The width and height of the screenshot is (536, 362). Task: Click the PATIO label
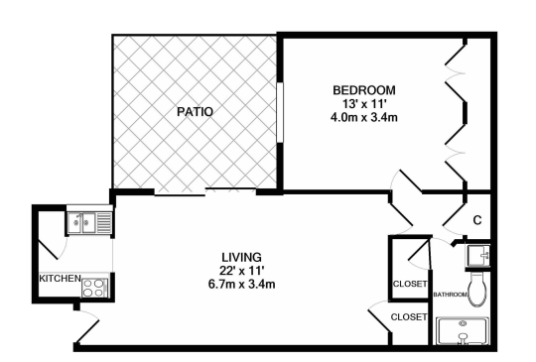[196, 112]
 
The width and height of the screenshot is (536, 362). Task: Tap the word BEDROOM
[363, 89]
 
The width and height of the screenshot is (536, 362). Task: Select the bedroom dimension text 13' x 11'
[363, 103]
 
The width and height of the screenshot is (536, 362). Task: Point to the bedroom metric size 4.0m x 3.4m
[363, 117]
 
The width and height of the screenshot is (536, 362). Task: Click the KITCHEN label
[59, 279]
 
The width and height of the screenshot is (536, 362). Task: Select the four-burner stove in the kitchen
[93, 288]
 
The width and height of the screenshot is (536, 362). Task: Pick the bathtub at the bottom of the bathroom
[465, 329]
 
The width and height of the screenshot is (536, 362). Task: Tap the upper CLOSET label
[410, 285]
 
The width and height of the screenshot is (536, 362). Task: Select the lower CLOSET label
[408, 317]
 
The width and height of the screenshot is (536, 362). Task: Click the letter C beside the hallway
[477, 220]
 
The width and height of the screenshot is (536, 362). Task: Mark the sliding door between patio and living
[205, 192]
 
